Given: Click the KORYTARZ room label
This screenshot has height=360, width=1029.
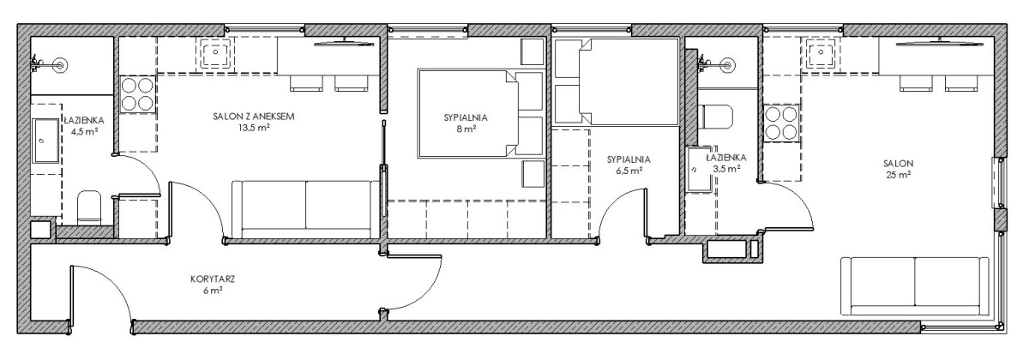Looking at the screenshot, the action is point(213,279).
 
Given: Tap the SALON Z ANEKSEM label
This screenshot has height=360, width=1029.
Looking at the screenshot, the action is point(254,117).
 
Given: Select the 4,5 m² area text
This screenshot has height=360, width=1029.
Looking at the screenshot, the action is point(84,132).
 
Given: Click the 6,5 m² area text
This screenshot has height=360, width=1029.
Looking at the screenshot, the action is point(629,171).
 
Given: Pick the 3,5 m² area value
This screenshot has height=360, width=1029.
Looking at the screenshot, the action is point(725,169).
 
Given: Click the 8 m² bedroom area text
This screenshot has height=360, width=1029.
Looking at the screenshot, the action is point(466,129).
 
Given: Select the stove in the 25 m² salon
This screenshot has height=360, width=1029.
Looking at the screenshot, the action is point(781,123).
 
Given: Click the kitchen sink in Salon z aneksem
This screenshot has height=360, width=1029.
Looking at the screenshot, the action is point(215,53).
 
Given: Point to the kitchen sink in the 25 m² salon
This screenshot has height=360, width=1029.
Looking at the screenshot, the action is point(817,53).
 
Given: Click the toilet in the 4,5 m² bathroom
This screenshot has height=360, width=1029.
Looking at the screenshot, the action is point(89,207).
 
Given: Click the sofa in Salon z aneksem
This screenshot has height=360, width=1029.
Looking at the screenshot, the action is point(306,209).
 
